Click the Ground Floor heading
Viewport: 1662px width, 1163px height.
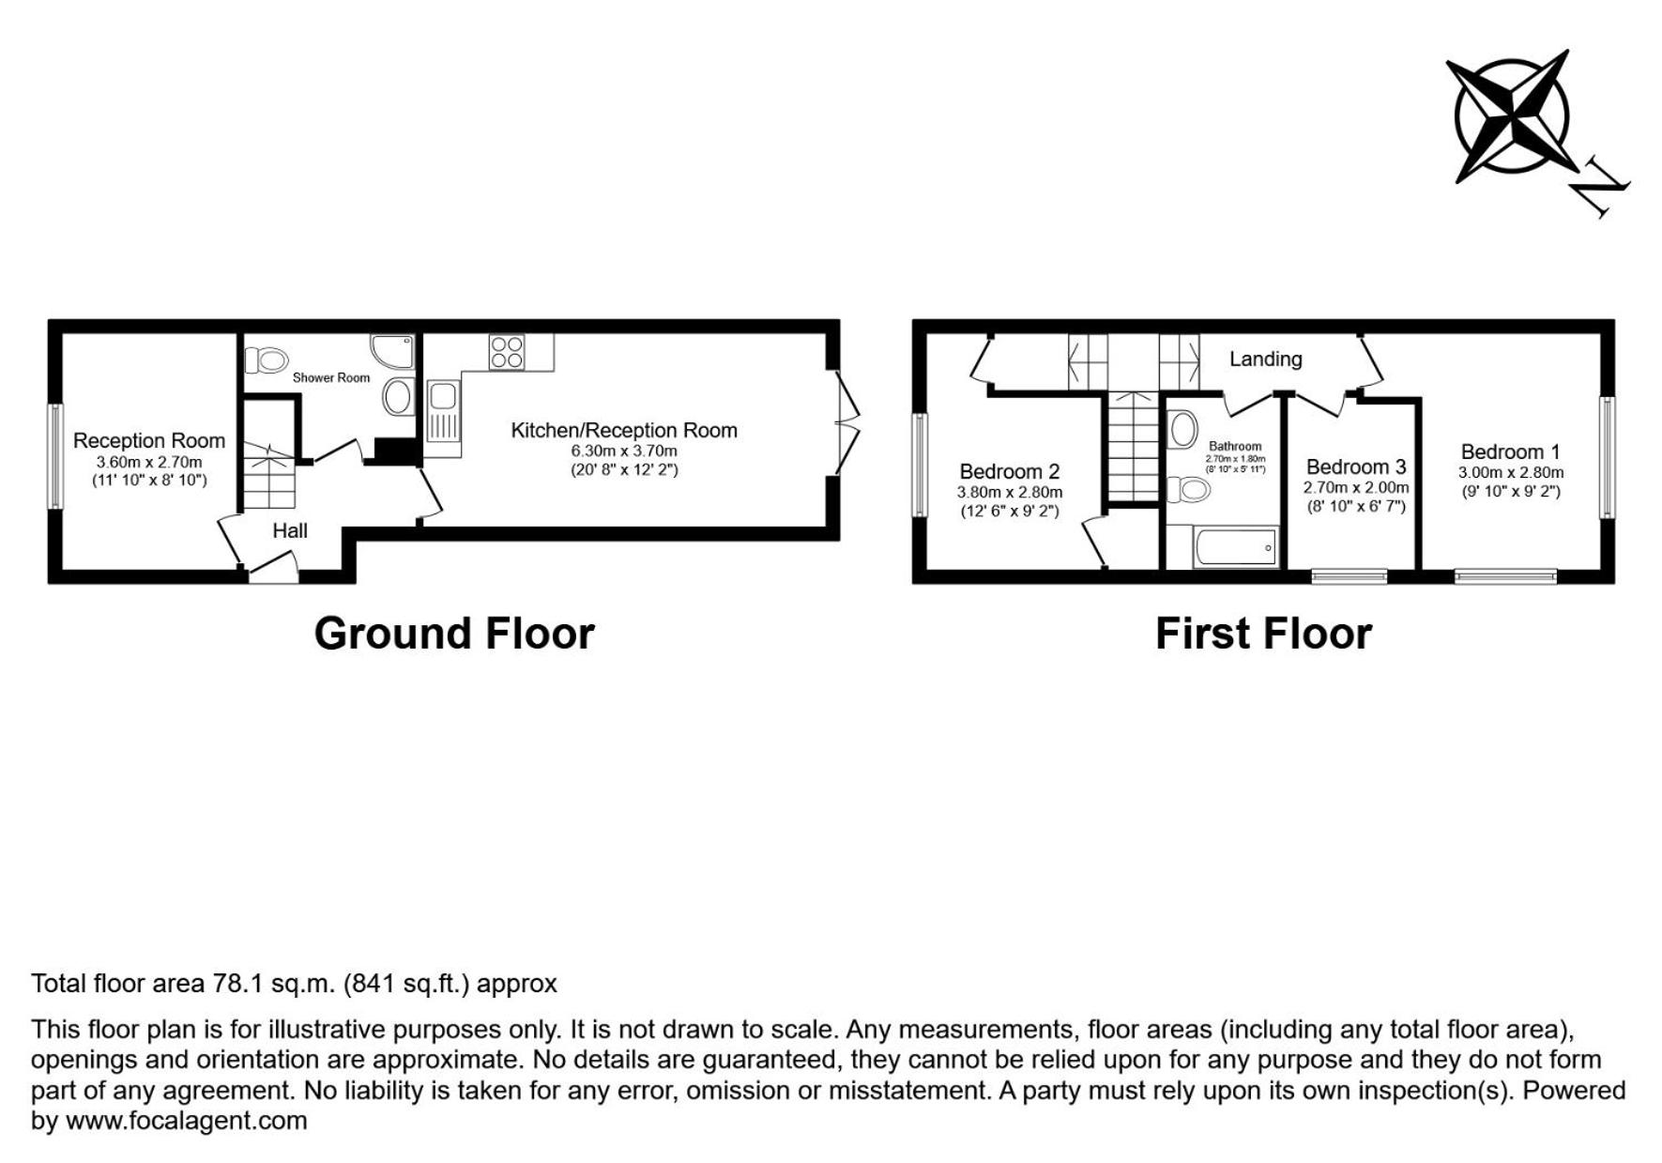click(454, 635)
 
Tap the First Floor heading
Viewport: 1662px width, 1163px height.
click(1263, 635)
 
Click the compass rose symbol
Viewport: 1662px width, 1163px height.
click(1510, 116)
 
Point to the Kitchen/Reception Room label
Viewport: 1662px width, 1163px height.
click(624, 431)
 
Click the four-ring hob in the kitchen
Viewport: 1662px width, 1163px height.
click(506, 352)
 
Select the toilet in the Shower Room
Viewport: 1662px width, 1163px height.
click(267, 360)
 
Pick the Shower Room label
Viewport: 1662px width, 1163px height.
click(331, 377)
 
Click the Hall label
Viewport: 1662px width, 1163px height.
click(290, 531)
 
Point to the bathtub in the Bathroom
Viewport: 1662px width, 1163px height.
click(1235, 547)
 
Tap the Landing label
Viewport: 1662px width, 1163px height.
click(1265, 359)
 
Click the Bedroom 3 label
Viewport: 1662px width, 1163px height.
click(1356, 467)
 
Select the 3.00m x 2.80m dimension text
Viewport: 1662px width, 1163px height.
click(1511, 473)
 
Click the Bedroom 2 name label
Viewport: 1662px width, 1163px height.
click(1010, 472)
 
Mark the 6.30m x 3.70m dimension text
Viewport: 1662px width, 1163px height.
click(624, 451)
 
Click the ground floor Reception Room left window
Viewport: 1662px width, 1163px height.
click(55, 457)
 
